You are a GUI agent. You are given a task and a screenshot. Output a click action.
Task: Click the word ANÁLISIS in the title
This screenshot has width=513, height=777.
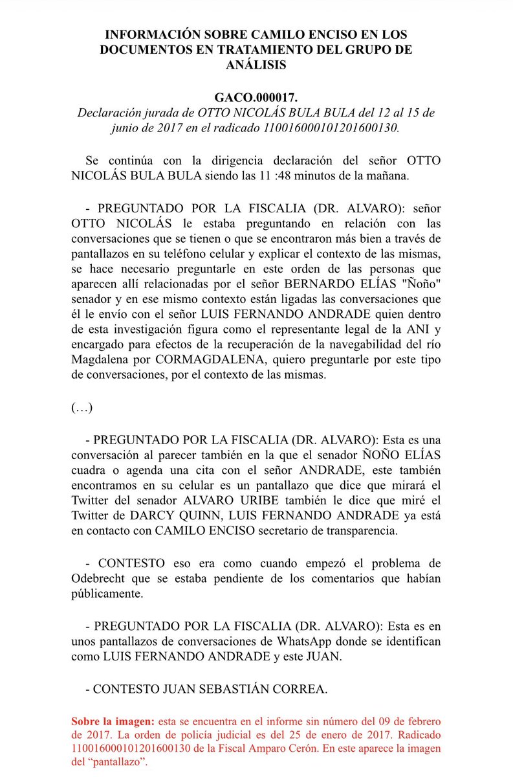(x=256, y=65)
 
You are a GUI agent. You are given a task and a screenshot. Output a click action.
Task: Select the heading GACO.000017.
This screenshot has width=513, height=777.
(x=256, y=98)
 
